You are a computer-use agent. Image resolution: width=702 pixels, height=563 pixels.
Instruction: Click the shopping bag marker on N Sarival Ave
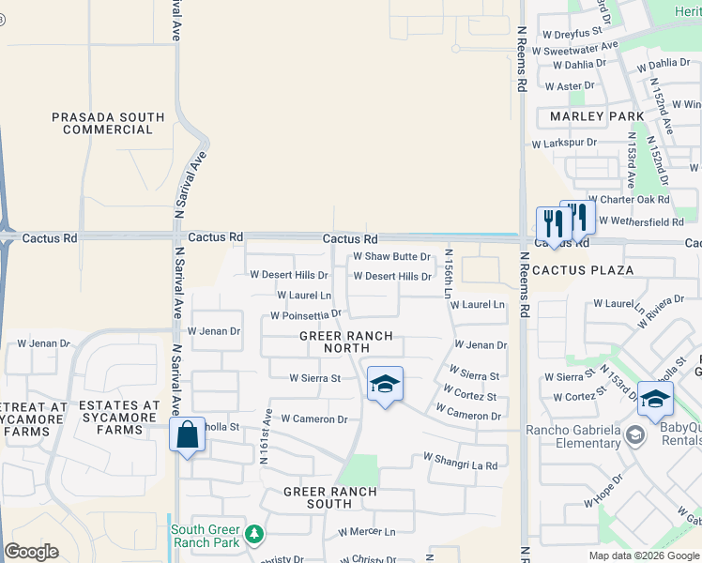point(188,434)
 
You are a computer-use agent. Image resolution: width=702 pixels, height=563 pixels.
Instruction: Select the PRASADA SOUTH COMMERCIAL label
point(108,123)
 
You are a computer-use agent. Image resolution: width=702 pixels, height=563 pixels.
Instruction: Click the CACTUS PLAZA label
point(582,269)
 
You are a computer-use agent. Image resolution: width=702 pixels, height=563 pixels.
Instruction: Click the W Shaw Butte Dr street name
point(391,256)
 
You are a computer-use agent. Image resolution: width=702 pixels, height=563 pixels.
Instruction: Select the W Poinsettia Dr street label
point(306,315)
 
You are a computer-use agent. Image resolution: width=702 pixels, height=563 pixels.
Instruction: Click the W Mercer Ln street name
point(367,531)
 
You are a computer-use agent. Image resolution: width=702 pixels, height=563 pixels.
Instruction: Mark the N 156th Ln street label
point(450,273)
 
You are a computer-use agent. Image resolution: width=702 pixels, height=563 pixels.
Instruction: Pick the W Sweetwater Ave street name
point(580,47)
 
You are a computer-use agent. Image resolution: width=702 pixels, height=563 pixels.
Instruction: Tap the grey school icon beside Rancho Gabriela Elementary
point(635,434)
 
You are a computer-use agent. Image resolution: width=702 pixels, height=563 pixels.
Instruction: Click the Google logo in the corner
point(31,552)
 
